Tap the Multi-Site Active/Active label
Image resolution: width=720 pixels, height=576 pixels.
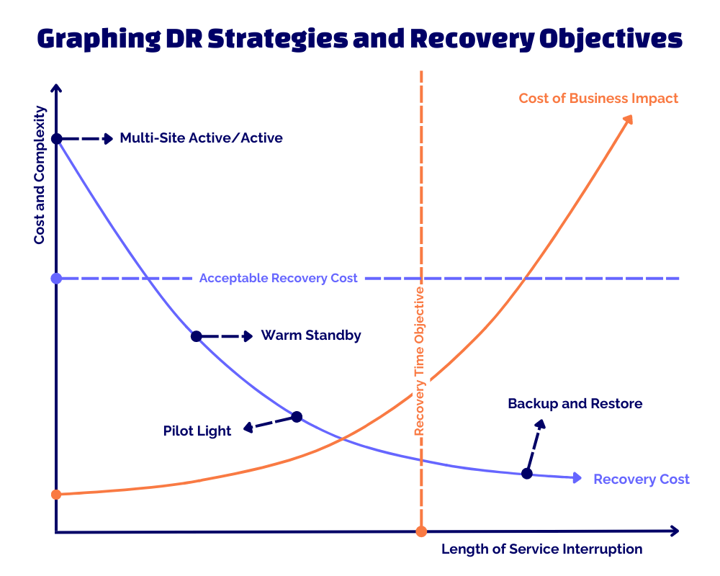[201, 138]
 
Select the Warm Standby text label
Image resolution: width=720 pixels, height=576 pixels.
[311, 335]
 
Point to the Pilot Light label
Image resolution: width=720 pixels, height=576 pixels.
[197, 431]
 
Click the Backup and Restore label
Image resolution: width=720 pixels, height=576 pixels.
[575, 403]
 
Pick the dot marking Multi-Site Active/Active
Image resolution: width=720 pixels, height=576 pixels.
[57, 138]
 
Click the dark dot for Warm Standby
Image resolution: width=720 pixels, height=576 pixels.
[196, 336]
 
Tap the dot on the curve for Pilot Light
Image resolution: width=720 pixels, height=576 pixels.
[296, 416]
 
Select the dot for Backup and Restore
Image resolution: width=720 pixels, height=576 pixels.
[526, 473]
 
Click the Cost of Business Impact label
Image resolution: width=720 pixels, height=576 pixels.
[598, 98]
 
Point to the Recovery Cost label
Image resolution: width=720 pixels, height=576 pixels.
[641, 480]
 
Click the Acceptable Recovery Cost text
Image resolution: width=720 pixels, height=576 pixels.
[278, 278]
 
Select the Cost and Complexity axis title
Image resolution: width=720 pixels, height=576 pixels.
[40, 175]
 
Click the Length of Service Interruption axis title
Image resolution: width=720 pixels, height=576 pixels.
[541, 549]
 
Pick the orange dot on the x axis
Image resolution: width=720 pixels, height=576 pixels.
[421, 531]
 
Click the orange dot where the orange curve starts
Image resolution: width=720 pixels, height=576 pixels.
[57, 494]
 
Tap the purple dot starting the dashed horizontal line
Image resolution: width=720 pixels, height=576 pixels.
[57, 278]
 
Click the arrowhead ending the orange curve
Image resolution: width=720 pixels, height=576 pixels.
[628, 119]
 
